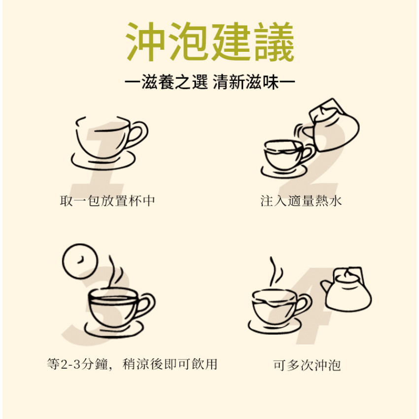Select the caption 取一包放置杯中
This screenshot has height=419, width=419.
107,201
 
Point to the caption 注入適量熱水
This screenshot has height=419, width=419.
301,201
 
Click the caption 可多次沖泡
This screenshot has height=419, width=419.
307,365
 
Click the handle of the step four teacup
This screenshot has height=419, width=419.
303,304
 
